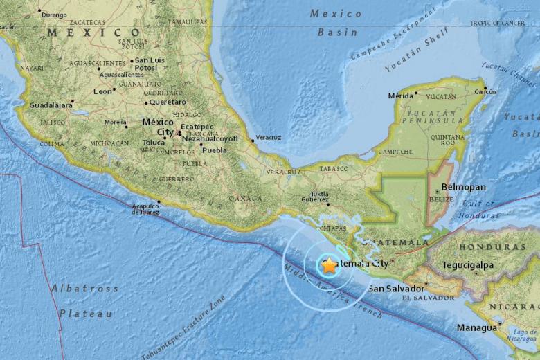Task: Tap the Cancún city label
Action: pos(485,91)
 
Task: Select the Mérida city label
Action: pos(400,96)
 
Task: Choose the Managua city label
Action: pos(476,327)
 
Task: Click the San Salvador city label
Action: pos(395,289)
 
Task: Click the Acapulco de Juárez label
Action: pos(145,208)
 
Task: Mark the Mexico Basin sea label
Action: pos(336,22)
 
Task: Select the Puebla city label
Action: pos(215,150)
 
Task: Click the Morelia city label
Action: pos(115,122)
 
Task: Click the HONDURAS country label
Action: pos(492,246)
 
